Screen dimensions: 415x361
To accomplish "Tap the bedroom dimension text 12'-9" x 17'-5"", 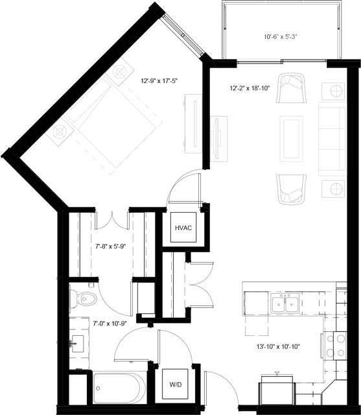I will click(x=159, y=81).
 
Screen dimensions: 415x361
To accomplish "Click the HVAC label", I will click(x=183, y=229).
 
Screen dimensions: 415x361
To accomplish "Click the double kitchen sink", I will click(x=285, y=302).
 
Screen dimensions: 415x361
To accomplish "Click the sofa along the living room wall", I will click(x=334, y=138).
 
